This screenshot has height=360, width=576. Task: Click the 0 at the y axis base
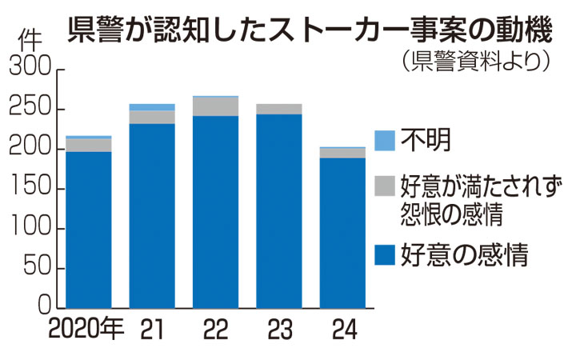coord(45,308)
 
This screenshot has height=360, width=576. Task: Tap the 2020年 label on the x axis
coord(85,330)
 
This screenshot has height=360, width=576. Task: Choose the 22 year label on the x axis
coord(216,330)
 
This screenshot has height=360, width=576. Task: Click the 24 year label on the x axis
coord(342,330)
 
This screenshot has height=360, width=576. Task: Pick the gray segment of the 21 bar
coord(152,117)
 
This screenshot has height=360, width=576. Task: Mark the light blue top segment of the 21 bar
coord(152,107)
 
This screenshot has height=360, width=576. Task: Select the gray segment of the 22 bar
coord(216,106)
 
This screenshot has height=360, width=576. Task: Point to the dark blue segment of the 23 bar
coord(279,212)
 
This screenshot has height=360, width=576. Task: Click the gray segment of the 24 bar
coord(342,153)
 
